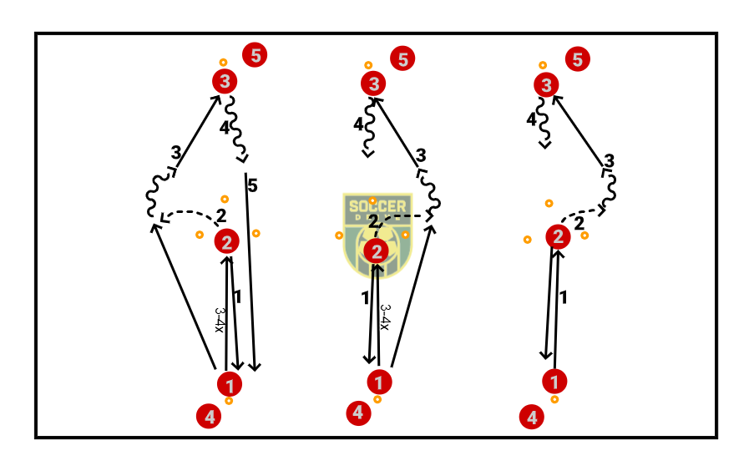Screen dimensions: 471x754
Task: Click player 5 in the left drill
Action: [255, 56]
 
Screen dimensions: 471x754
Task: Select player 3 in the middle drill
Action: [373, 84]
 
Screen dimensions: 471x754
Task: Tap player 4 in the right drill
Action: [532, 417]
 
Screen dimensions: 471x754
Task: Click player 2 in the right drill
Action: [558, 238]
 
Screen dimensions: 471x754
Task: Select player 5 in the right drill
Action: [577, 59]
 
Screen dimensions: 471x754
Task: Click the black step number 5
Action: [252, 186]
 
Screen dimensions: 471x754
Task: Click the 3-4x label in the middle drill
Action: [385, 317]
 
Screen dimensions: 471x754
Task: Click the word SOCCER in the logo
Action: [377, 206]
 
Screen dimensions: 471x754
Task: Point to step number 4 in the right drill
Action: [531, 120]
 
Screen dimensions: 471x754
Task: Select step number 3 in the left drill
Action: [175, 153]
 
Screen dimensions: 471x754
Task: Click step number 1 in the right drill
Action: [563, 296]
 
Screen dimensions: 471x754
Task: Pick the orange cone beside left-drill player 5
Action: [223, 63]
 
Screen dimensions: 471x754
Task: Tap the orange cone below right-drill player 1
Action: [554, 399]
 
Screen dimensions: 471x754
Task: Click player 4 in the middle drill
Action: [358, 413]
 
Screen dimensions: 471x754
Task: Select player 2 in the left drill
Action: [226, 242]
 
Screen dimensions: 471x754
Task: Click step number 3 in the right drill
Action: [610, 160]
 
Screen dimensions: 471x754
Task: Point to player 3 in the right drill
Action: [547, 84]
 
